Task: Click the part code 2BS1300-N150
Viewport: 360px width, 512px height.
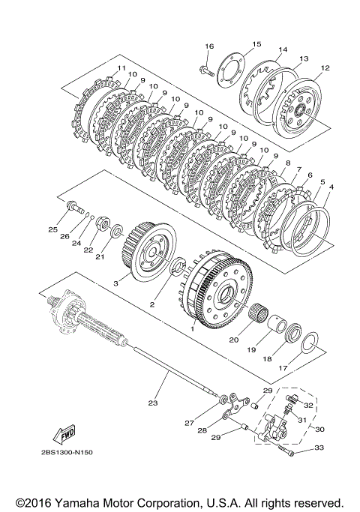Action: coord(67,452)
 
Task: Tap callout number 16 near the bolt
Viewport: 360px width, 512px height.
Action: coord(209,46)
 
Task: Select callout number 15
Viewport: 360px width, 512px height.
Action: coord(256,44)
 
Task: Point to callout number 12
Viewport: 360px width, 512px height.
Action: coord(325,68)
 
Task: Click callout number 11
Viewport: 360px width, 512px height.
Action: coord(121,68)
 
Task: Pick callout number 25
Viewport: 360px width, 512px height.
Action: coord(52,229)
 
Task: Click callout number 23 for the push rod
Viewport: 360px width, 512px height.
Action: coord(152,403)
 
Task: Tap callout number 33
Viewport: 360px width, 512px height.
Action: coord(319,448)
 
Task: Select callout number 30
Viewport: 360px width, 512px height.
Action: coord(319,429)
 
